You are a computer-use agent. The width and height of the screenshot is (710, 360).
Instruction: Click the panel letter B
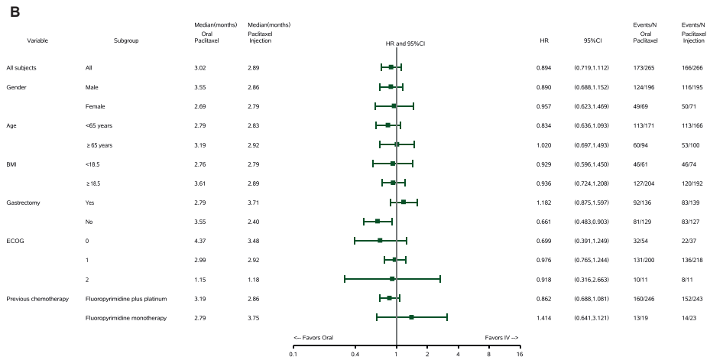click(15, 12)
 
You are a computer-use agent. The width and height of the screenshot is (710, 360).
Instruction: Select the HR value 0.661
click(543, 222)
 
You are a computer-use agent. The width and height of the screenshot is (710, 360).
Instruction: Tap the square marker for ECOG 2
click(392, 279)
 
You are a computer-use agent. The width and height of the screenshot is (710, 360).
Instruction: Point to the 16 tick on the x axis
click(520, 348)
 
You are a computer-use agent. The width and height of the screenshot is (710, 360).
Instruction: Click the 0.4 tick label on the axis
click(355, 355)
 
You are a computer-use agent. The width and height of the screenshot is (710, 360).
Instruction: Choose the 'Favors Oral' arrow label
click(313, 338)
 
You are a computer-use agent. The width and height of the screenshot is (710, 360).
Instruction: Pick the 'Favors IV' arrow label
click(501, 338)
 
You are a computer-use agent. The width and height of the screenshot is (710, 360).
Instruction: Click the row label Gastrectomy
click(23, 203)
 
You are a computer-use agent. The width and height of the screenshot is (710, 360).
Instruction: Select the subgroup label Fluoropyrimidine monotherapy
click(126, 318)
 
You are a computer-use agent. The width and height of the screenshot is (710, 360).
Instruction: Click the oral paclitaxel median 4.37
click(200, 241)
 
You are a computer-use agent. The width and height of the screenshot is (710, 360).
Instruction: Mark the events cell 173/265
click(644, 68)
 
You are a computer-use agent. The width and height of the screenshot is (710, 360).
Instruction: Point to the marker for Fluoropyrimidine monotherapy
click(411, 317)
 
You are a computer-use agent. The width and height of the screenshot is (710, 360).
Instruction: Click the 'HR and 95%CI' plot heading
click(405, 44)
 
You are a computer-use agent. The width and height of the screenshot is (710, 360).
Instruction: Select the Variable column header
click(37, 41)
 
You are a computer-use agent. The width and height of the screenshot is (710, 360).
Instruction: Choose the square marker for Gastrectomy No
click(378, 221)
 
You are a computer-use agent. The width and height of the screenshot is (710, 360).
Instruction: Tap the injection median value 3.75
click(254, 318)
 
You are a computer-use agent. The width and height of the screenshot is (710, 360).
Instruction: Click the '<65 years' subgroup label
click(99, 126)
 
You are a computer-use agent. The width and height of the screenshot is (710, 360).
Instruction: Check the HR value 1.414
click(543, 318)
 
